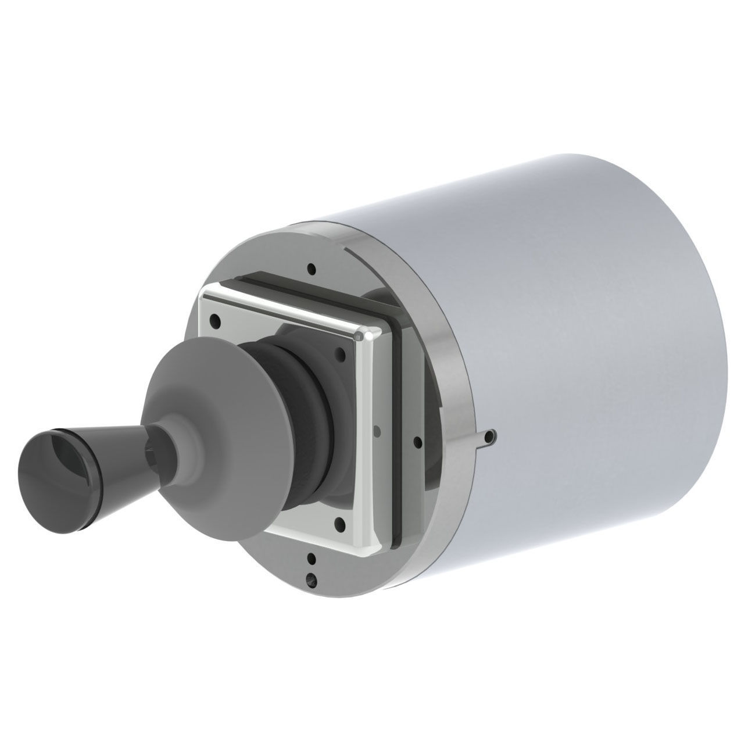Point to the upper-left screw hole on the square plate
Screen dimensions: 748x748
(216, 319)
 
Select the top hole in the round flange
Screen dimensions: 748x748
(313, 269)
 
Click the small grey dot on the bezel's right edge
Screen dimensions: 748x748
(378, 430)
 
